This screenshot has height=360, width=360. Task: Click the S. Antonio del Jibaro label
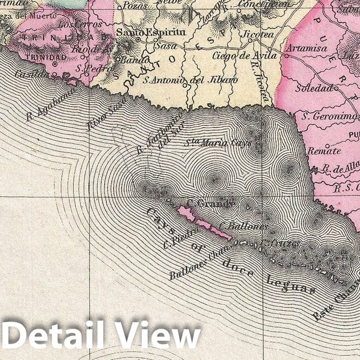click(x=191, y=80)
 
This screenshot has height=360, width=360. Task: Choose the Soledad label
click(x=314, y=88)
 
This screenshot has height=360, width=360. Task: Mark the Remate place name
click(x=324, y=151)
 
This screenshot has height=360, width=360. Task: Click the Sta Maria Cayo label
click(x=219, y=142)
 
